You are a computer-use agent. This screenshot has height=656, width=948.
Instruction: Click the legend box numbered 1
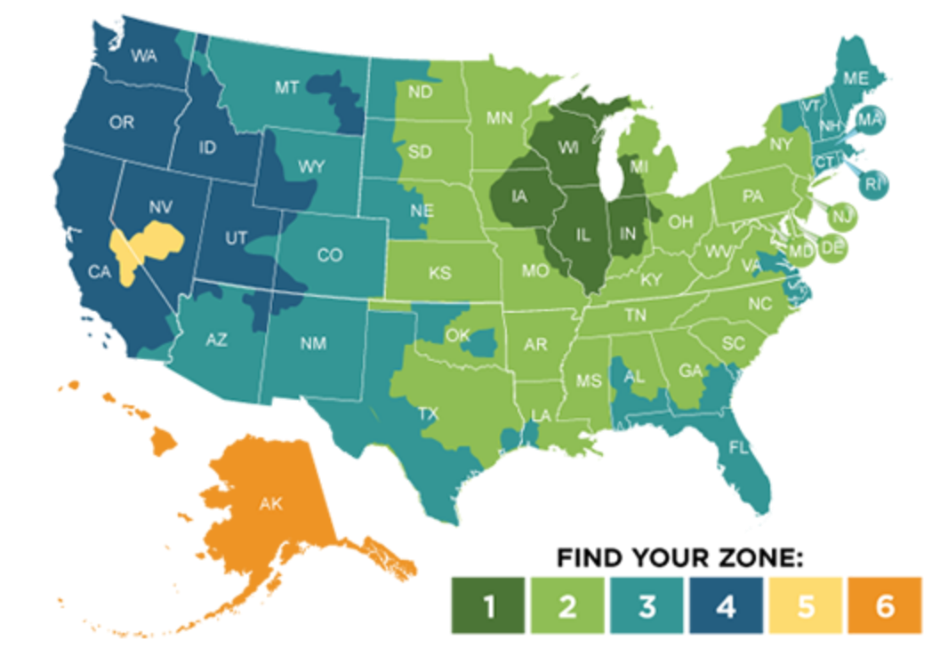pos(487,605)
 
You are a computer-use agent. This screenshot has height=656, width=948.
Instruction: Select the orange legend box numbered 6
pos(884,605)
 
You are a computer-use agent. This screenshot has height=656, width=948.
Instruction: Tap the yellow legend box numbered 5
pos(805,605)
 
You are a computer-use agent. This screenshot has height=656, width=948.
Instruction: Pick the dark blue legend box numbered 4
pos(726,605)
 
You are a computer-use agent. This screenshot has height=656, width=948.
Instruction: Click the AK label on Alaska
pos(270,503)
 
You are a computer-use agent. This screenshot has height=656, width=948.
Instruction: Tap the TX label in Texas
pos(428,413)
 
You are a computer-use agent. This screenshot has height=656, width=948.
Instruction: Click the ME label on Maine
pos(855,78)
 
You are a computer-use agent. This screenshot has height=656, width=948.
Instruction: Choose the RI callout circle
pos(874,185)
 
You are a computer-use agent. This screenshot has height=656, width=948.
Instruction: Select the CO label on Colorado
pos(329,255)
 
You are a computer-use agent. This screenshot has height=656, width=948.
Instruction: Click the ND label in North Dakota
pos(420,91)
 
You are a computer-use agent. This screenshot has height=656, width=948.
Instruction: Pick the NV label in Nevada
pos(160,206)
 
